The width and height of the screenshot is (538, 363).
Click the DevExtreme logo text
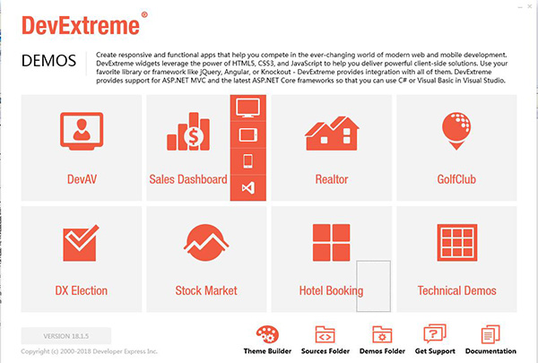81,25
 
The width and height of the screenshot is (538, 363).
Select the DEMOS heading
48,61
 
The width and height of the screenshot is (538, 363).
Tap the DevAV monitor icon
82,132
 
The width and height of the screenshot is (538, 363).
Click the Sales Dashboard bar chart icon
188,132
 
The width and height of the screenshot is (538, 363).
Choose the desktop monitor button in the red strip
247,108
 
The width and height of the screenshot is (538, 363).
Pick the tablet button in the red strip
247,134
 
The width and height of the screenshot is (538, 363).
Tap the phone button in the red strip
247,161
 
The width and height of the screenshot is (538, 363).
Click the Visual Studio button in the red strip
247,187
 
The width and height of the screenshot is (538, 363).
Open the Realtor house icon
332,134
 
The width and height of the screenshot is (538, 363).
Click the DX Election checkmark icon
81,243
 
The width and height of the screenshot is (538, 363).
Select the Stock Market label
206,290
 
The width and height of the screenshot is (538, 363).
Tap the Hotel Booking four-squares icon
332,243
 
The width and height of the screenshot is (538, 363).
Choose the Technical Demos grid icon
457,243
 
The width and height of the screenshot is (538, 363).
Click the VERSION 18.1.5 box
66,336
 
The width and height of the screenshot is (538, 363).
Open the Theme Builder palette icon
267,334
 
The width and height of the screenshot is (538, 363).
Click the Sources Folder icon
325,334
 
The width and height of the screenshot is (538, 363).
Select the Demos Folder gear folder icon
382,334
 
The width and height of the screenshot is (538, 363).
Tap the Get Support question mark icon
435,333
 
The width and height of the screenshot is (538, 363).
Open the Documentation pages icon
490,334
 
